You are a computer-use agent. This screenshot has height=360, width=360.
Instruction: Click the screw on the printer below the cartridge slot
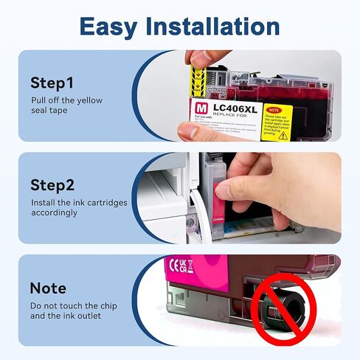(190, 221)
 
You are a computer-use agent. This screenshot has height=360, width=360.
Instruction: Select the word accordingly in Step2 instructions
(55, 212)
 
